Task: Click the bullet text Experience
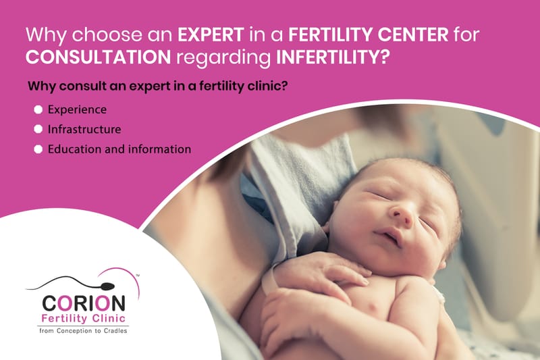coord(77,109)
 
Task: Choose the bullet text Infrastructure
coord(84,128)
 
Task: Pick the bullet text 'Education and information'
coord(119,149)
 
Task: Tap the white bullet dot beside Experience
coord(38,109)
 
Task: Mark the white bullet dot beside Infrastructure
coord(38,128)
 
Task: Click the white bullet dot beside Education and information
coord(38,149)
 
